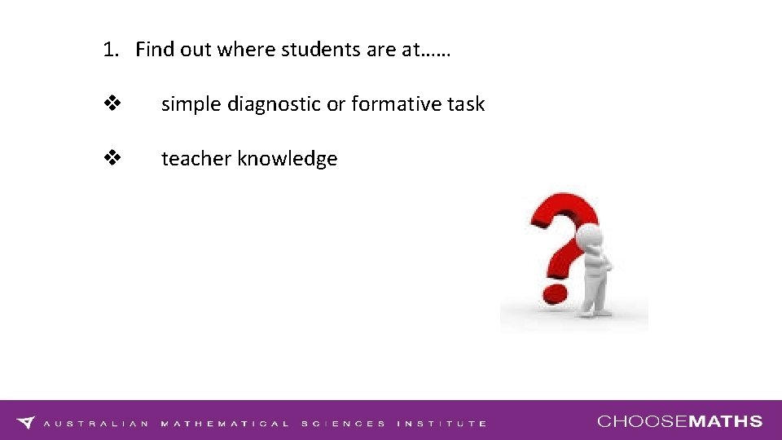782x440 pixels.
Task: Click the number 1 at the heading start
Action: [x=108, y=50]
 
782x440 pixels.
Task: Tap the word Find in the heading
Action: [x=152, y=50]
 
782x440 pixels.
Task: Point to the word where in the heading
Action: [x=248, y=50]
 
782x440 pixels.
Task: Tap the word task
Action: [x=464, y=104]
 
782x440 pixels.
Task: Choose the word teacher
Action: [x=196, y=159]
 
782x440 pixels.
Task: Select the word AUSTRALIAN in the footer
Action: [x=96, y=424]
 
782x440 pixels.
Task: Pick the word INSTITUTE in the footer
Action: [x=442, y=424]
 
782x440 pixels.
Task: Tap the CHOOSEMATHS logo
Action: [x=680, y=421]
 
